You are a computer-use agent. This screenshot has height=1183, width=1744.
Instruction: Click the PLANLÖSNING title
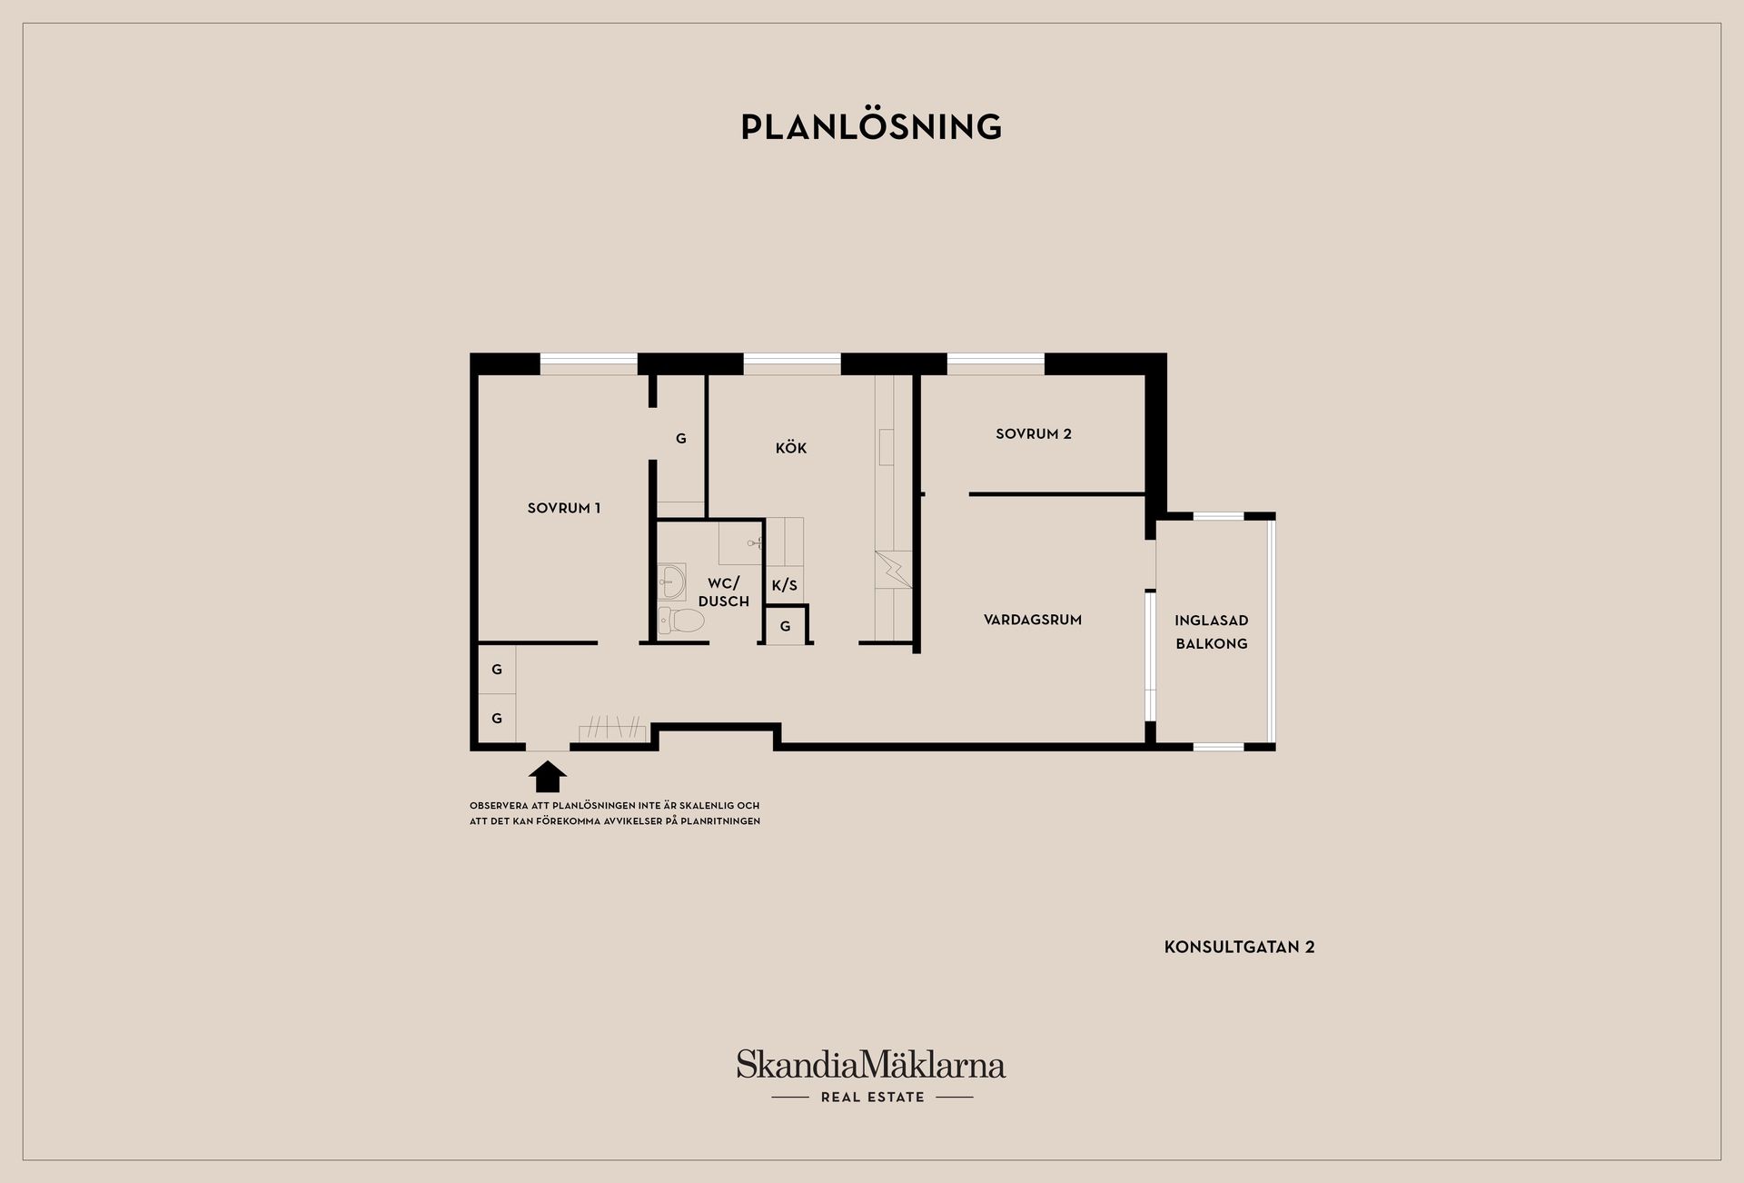pyautogui.click(x=871, y=126)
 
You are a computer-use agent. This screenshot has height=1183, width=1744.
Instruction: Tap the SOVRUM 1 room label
pyautogui.click(x=564, y=508)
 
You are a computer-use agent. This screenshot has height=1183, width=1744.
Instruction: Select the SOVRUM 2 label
pyautogui.click(x=1034, y=433)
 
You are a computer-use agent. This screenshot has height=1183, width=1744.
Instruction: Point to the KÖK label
pyautogui.click(x=791, y=447)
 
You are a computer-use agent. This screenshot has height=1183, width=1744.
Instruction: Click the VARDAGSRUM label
pyautogui.click(x=1033, y=620)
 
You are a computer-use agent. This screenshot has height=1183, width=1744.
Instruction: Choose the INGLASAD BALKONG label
pyautogui.click(x=1212, y=631)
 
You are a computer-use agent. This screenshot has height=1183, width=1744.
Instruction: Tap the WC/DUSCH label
pyautogui.click(x=724, y=591)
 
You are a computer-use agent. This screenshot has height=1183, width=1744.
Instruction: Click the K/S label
pyautogui.click(x=785, y=585)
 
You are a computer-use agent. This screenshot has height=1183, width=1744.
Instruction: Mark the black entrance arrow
pyautogui.click(x=548, y=777)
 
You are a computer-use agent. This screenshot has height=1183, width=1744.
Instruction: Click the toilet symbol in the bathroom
pyautogui.click(x=681, y=621)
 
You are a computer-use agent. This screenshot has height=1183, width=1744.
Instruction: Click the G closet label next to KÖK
pyautogui.click(x=681, y=438)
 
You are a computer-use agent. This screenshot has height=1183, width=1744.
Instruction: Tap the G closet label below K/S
pyautogui.click(x=786, y=626)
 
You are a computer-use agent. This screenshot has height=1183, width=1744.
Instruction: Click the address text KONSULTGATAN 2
pyautogui.click(x=1240, y=947)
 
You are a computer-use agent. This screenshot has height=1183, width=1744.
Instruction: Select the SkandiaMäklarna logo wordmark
pyautogui.click(x=871, y=1064)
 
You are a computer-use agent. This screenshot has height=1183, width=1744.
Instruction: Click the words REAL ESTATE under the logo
pyautogui.click(x=873, y=1097)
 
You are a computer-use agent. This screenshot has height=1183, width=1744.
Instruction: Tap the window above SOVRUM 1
pyautogui.click(x=589, y=363)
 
